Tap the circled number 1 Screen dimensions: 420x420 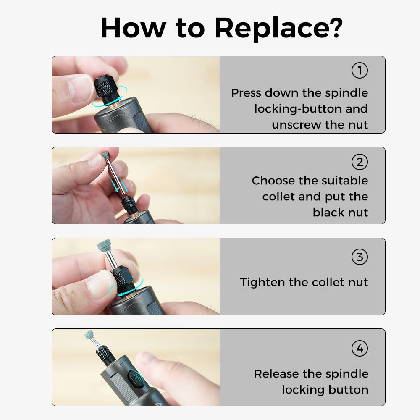(x=360, y=71)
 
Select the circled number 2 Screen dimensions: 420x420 (x=360, y=162)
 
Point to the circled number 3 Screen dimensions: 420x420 (x=360, y=257)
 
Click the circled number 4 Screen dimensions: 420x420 (x=360, y=349)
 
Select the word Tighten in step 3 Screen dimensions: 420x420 (x=262, y=282)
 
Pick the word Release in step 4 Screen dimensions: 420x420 (x=276, y=374)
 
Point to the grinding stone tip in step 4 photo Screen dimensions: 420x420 (x=89, y=335)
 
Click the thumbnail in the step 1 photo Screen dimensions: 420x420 (x=80, y=88)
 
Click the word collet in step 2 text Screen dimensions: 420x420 (x=278, y=197)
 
